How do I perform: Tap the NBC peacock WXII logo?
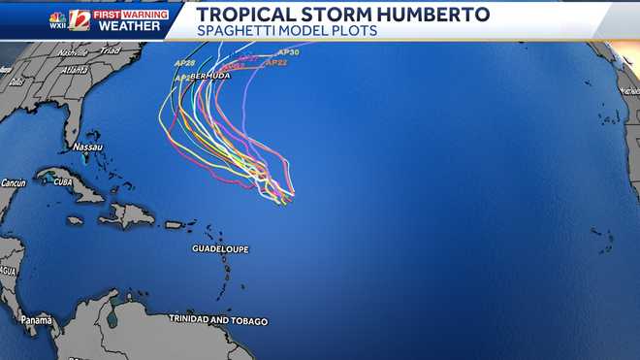coord(58,19)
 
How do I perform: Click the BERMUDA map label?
coord(209,76)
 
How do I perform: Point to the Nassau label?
coord(88,147)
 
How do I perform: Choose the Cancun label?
coord(13,182)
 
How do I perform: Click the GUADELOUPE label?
coord(220,249)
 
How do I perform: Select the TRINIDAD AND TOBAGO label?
coord(218,319)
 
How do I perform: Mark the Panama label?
coord(37,320)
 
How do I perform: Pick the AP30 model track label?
coord(288,51)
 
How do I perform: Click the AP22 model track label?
coord(276,62)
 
